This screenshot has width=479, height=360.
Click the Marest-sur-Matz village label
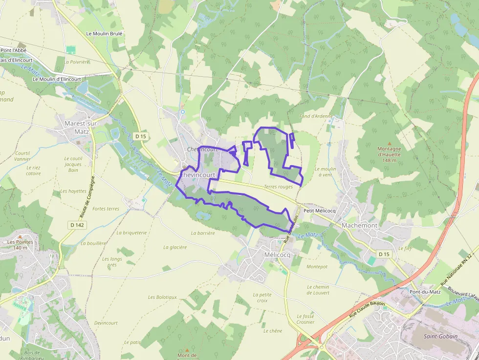tap(82, 127)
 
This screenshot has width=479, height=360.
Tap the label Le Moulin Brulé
tap(104, 34)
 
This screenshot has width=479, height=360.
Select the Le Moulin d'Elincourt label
tap(57, 79)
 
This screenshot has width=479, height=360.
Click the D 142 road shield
tap(77, 225)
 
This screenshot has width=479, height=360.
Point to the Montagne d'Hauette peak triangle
tap(390, 143)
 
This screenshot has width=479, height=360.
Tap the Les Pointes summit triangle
tap(21, 237)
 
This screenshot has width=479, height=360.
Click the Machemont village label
tap(360, 225)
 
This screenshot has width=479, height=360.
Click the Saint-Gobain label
tap(440, 336)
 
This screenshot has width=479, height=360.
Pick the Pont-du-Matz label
tap(425, 292)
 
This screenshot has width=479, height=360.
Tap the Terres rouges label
tap(278, 187)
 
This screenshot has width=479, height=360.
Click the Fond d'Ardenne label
tap(316, 116)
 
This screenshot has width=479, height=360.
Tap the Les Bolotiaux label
tap(162, 297)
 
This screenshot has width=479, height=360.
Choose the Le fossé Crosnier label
tap(305, 319)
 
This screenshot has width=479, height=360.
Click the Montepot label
tap(317, 267)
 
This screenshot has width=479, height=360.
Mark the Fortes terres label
tap(106, 209)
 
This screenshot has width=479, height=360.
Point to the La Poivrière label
tap(77, 62)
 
